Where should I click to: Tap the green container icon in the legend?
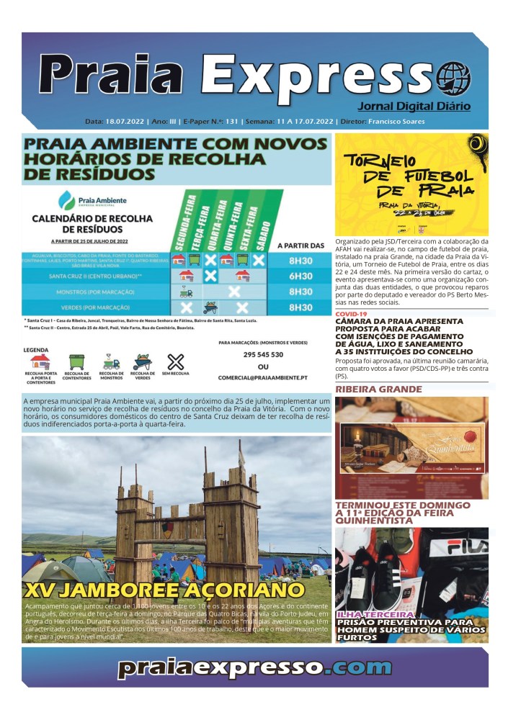click(x=76, y=361)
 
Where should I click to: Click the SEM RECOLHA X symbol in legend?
click(x=176, y=361)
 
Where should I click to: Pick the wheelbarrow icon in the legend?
click(x=142, y=361)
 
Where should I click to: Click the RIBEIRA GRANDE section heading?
click(x=378, y=390)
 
